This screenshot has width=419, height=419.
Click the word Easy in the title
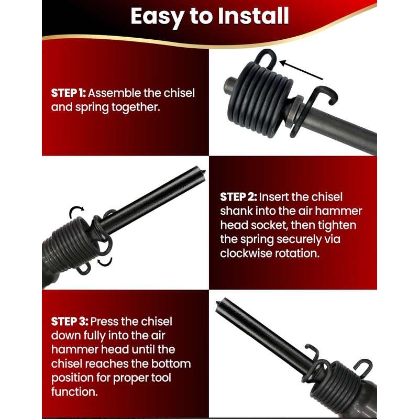click(x=155, y=16)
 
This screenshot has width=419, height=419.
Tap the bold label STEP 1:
click(x=68, y=93)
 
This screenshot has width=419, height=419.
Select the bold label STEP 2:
click(x=238, y=197)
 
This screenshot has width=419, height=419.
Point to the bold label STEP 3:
click(x=69, y=321)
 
